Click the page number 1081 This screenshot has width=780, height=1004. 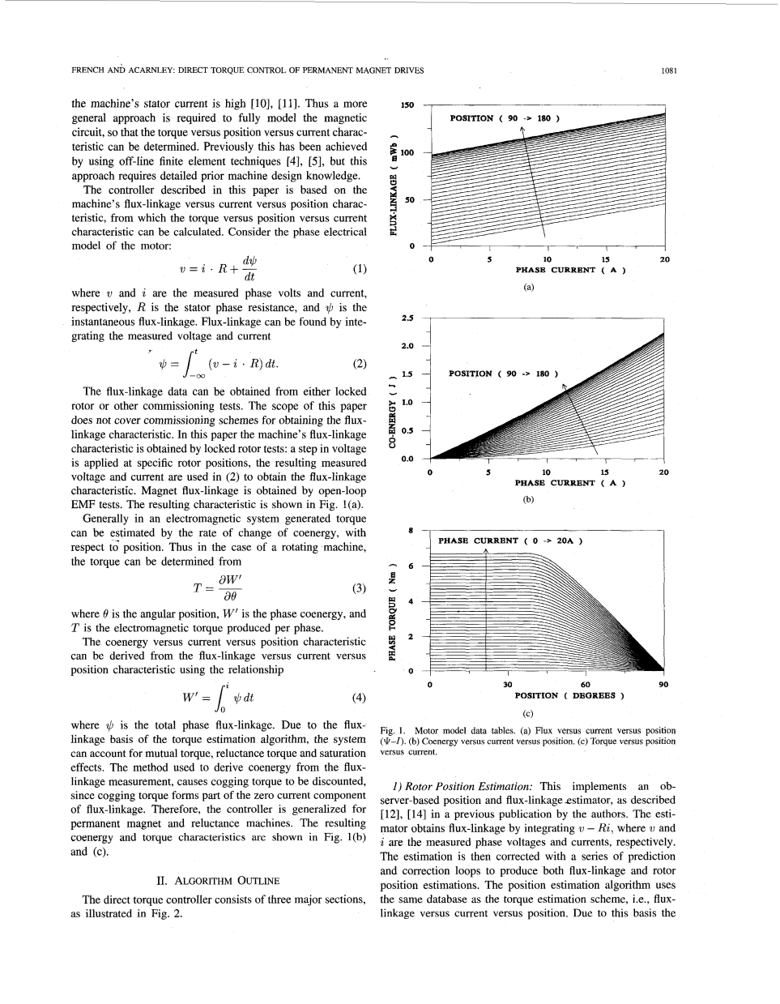click(668, 70)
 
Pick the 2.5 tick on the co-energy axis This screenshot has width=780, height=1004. click(407, 319)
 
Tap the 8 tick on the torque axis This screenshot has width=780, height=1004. click(411, 531)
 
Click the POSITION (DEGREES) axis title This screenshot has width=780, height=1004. click(569, 695)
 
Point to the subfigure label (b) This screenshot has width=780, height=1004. click(528, 500)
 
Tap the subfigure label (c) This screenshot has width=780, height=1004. click(528, 713)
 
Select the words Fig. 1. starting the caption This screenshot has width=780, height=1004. click(391, 731)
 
